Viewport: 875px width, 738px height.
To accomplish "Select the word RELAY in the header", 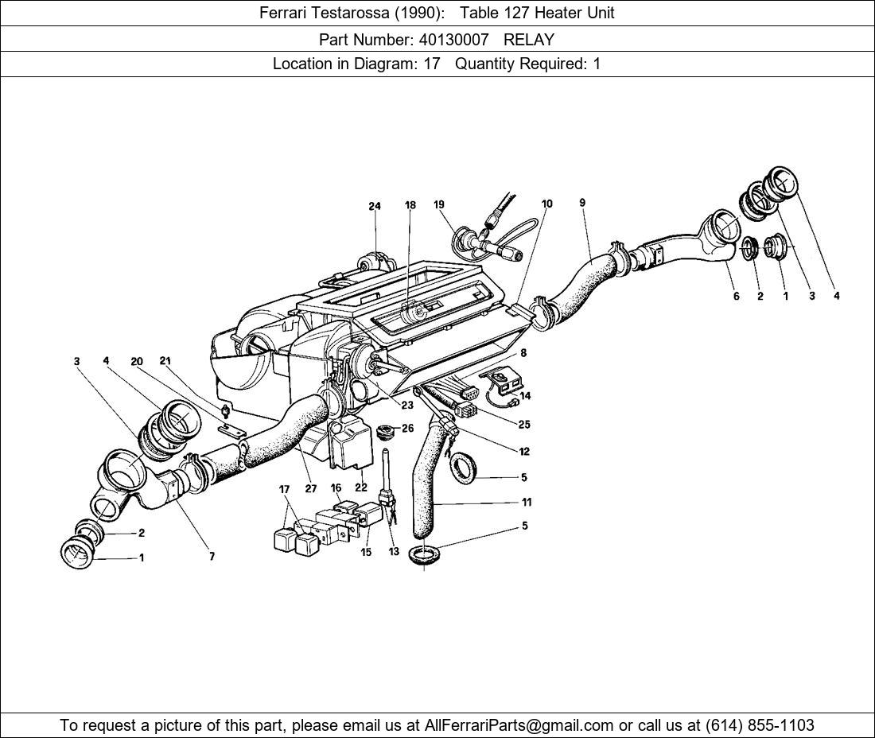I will tap(529, 39).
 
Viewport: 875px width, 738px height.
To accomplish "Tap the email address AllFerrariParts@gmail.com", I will tap(519, 725).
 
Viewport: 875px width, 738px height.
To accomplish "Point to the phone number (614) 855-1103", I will tap(760, 725).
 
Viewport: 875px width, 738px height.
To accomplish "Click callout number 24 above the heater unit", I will tap(375, 206).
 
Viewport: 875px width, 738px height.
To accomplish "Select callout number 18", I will tap(410, 205).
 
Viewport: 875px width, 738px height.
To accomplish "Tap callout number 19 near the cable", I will tap(439, 205).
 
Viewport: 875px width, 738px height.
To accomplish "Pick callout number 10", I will tap(547, 204).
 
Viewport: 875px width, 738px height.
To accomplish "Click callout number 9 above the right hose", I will tap(582, 203).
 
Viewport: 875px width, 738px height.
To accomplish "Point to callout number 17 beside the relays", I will tap(284, 490).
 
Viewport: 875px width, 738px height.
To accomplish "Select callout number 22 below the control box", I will tap(361, 487).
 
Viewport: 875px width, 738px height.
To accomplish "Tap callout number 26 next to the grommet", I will tap(408, 429).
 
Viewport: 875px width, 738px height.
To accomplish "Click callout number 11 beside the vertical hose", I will tap(527, 502).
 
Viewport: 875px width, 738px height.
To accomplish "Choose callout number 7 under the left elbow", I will tap(212, 557).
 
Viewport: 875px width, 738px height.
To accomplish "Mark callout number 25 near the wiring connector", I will tap(523, 425).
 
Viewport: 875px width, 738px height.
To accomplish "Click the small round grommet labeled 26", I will tap(388, 433).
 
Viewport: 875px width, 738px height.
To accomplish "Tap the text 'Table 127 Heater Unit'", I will tap(537, 13).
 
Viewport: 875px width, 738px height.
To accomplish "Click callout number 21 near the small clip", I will tap(165, 361).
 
